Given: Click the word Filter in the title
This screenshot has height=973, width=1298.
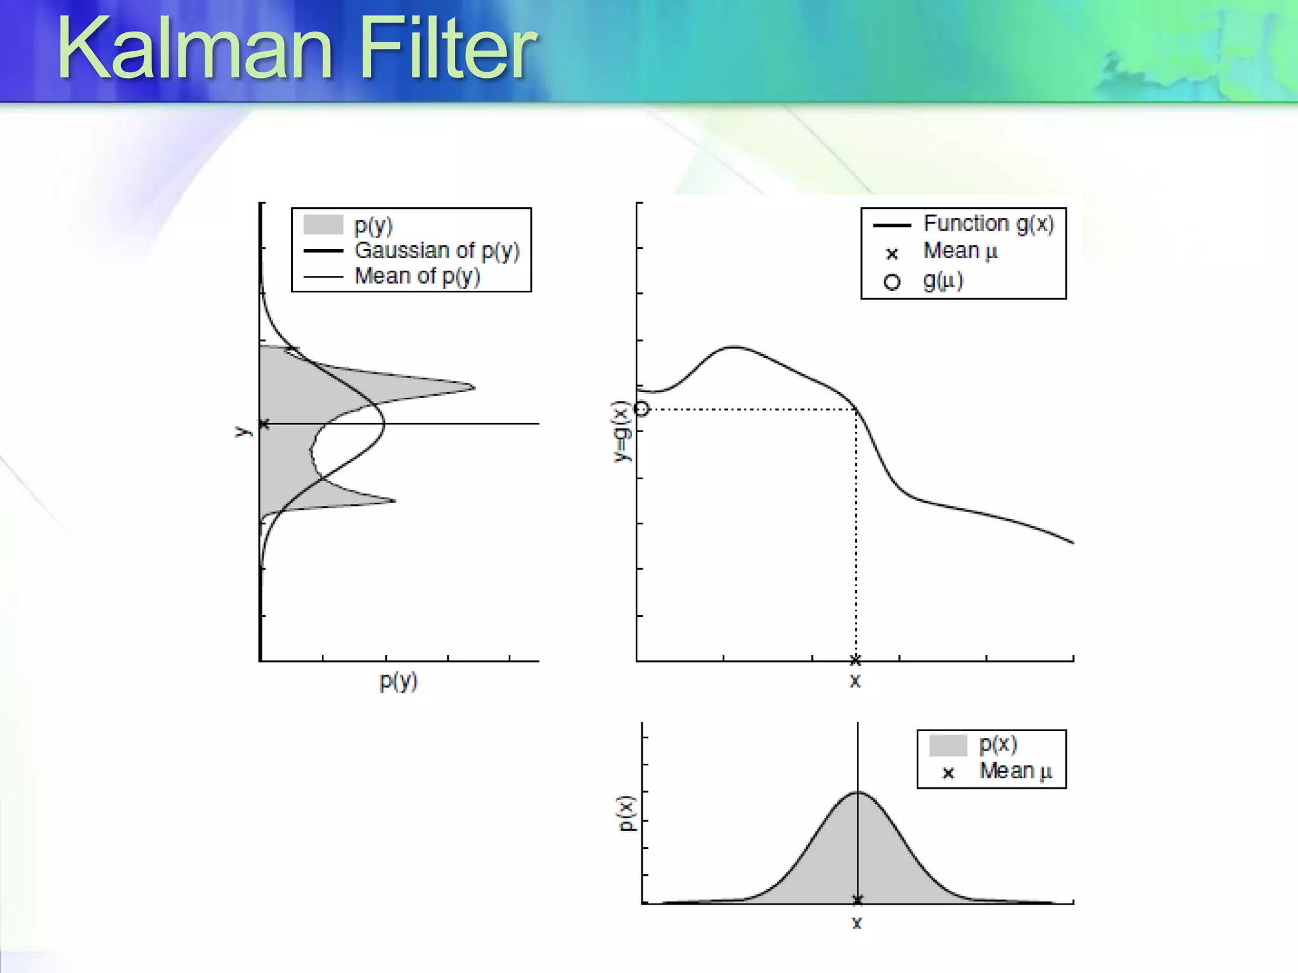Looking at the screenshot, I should [x=447, y=49].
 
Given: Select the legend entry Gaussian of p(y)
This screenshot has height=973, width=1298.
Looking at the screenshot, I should [x=436, y=251].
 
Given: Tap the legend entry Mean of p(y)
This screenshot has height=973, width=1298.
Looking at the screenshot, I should [x=416, y=276].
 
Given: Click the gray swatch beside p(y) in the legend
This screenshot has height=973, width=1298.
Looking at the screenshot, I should [x=323, y=225].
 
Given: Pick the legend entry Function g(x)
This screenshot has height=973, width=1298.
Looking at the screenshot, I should [x=987, y=224].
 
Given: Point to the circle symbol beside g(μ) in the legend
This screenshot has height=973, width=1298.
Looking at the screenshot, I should [x=892, y=282].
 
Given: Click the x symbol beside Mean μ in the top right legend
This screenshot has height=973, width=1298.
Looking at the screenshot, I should [x=892, y=254].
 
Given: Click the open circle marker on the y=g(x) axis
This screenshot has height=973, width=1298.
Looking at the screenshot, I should [x=642, y=409].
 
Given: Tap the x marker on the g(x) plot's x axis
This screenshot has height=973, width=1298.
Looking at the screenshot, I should [x=855, y=660].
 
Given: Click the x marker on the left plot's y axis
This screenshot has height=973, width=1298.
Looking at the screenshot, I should [x=264, y=424].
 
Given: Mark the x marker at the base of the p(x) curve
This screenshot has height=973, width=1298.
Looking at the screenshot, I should [x=858, y=900].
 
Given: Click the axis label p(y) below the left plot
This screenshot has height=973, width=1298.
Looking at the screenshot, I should [x=398, y=682].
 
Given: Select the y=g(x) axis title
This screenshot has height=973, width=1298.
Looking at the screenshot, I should [x=622, y=431].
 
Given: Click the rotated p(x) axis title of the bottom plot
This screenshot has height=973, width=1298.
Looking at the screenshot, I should [x=626, y=813].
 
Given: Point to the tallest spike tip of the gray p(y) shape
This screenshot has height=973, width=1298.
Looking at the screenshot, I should [x=473, y=387].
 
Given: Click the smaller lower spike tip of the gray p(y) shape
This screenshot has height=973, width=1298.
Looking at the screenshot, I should [x=394, y=501].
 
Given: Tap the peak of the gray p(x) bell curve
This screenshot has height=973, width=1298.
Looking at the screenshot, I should [x=858, y=793].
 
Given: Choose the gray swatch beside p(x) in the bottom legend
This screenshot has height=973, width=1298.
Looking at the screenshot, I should [x=948, y=746].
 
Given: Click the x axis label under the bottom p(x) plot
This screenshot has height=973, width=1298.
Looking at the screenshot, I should [x=857, y=923].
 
